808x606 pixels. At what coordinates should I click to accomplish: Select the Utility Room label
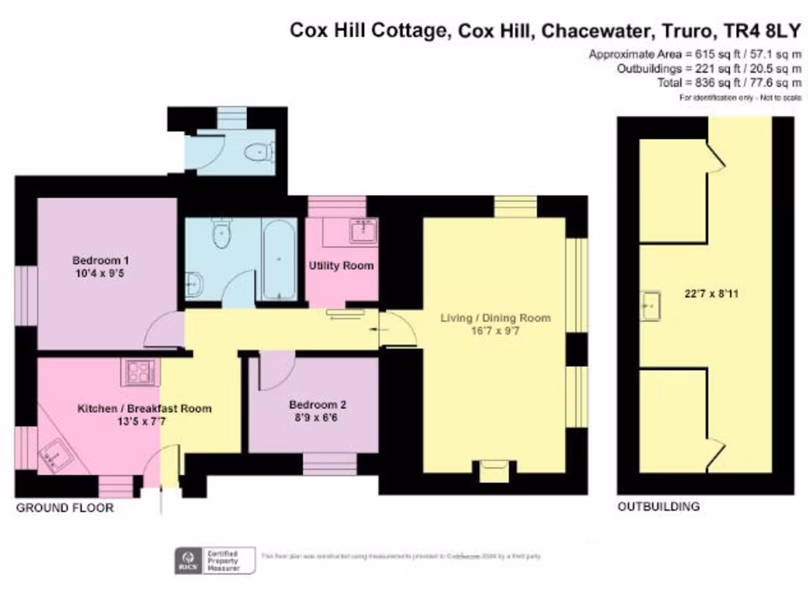click(341, 266)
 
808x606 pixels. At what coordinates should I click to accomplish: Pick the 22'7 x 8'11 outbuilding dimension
click(713, 294)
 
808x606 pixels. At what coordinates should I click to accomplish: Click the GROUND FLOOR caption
click(65, 508)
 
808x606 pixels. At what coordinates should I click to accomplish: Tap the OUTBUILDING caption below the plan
click(658, 507)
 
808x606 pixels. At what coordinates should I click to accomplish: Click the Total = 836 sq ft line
click(730, 83)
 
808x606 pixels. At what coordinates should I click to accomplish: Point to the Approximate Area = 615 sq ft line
click(695, 54)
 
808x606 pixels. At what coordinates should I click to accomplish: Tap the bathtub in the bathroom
click(279, 259)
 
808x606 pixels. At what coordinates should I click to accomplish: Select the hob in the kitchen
click(141, 370)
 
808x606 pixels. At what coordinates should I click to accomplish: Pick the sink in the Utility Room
click(363, 230)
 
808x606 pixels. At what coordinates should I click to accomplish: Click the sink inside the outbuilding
click(651, 302)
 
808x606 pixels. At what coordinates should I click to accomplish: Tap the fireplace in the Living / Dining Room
click(494, 471)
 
